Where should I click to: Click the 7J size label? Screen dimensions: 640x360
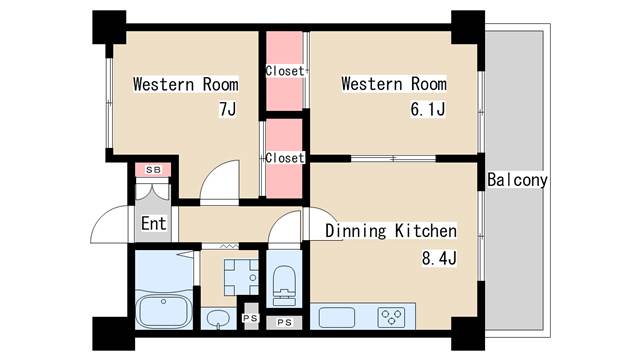point(228,109)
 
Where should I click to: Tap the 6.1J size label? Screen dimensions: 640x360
point(428,109)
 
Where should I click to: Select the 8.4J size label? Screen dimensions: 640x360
point(439,258)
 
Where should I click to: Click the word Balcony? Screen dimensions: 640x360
point(517,180)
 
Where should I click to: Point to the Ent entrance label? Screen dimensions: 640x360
point(153,224)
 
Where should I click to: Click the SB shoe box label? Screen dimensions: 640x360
point(153,170)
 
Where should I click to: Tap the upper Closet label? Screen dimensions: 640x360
point(285,71)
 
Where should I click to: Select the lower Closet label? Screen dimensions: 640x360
point(285,158)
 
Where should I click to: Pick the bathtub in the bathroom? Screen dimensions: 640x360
point(164,311)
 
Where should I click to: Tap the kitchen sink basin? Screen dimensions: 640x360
point(337,318)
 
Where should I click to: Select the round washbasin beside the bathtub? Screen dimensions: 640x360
point(218,318)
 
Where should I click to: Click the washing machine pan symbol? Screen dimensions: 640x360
point(241,278)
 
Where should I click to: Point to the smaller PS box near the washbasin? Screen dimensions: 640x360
point(250,318)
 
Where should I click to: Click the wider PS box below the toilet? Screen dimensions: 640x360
point(284,322)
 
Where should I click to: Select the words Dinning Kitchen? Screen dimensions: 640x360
point(391,231)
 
